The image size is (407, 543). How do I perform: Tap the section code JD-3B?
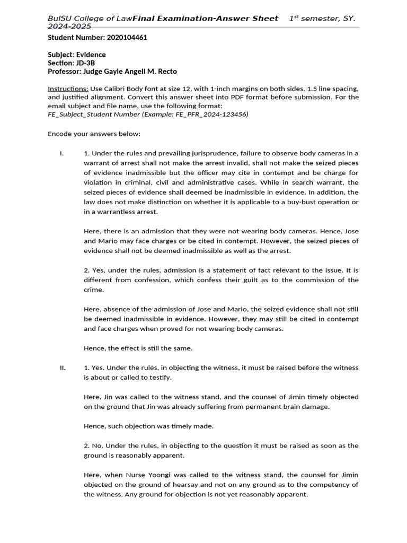(x=85, y=63)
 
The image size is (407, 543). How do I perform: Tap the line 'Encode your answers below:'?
(x=94, y=134)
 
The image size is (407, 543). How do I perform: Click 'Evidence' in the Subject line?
(x=91, y=55)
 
